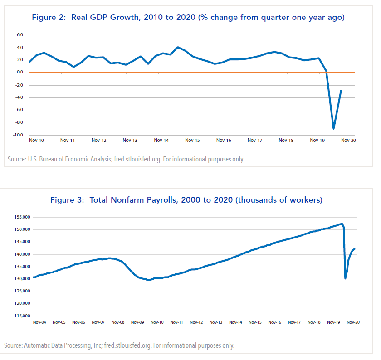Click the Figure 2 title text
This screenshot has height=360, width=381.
tap(188, 18)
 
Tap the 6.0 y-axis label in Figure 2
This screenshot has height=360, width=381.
tap(20, 35)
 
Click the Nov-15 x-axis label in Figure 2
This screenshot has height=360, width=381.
tap(192, 141)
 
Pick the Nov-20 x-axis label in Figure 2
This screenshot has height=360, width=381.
tap(348, 141)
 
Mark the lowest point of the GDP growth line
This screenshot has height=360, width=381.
tap(334, 128)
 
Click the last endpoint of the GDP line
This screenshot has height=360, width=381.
tap(341, 91)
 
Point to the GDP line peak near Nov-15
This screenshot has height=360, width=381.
tap(177, 47)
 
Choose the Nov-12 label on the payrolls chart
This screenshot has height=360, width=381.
tap(196, 322)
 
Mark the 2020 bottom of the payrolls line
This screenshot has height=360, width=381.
tap(346, 278)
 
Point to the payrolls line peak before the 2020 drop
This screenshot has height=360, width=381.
tap(342, 224)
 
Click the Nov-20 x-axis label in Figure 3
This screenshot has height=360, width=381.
tap(353, 322)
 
